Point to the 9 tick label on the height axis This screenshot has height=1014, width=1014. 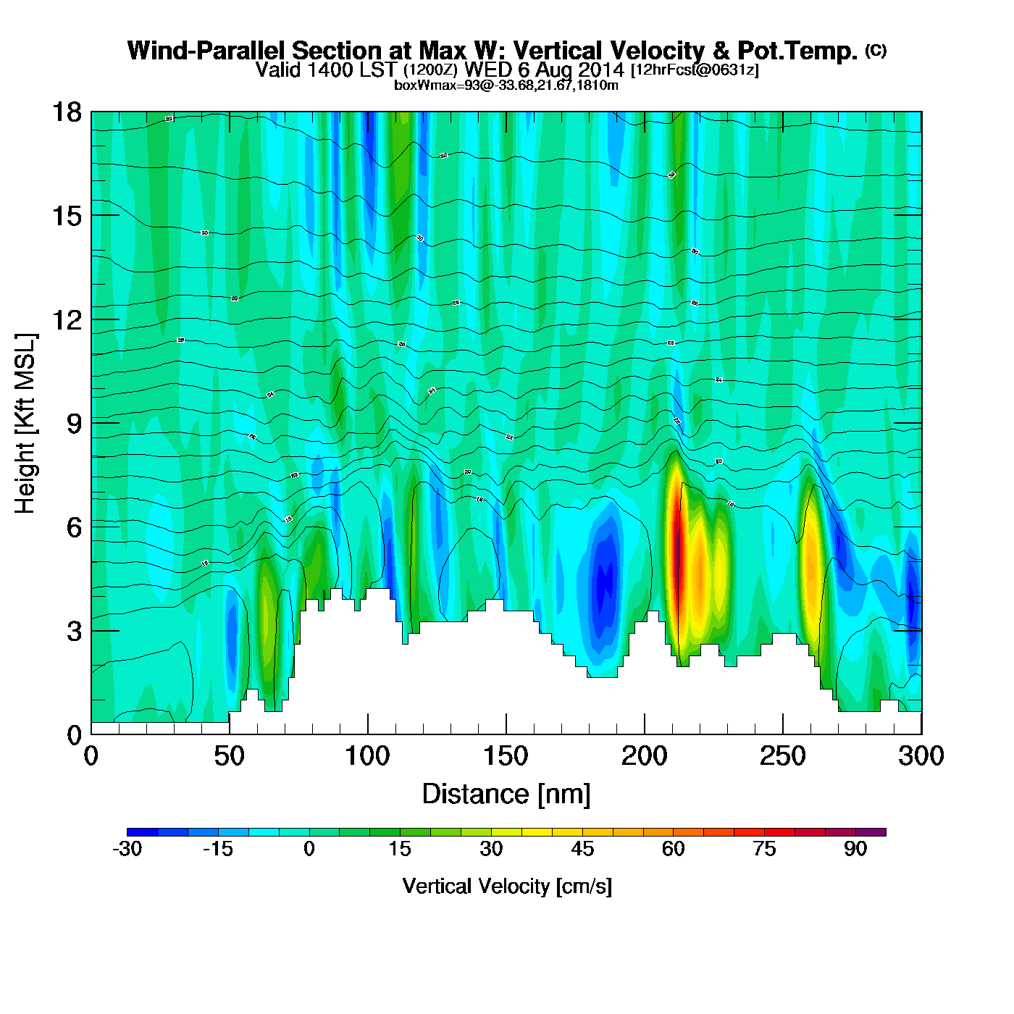coord(74,424)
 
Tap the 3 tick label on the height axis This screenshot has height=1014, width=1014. coord(74,631)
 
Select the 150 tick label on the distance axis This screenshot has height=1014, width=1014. coord(506,756)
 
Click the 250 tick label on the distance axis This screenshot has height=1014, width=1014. coord(782,756)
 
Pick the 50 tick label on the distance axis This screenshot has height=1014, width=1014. coord(229,756)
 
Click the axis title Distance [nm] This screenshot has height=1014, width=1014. coord(506,795)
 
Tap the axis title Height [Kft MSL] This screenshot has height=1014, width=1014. coord(25,424)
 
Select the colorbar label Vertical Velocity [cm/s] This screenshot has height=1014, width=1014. coord(507,887)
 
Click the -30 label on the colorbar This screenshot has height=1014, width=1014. coord(127,849)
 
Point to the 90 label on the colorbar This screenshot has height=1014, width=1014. coord(855,849)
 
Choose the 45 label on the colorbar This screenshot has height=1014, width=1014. coord(582,849)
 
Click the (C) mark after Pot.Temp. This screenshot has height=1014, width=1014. coord(876,50)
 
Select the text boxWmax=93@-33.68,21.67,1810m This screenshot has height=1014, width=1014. coord(506,85)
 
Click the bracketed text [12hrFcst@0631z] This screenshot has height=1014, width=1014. coord(695,70)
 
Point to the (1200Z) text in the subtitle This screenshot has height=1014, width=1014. coord(430,70)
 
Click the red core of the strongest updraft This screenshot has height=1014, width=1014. coord(678,558)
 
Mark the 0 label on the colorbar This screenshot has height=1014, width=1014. coord(309,849)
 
